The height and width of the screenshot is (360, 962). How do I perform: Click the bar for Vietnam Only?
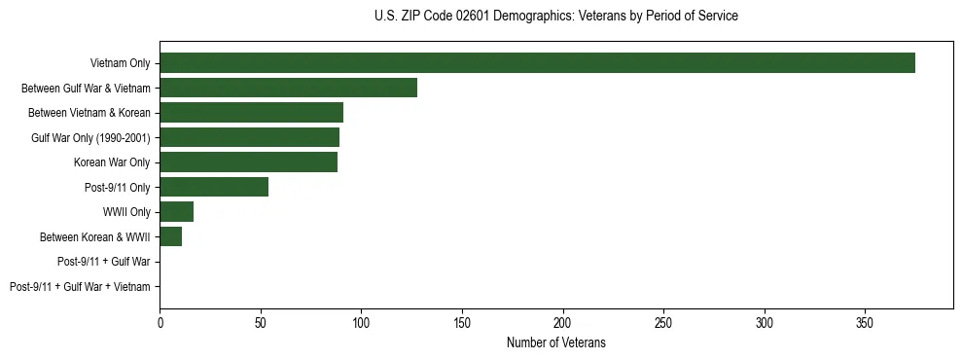click(537, 63)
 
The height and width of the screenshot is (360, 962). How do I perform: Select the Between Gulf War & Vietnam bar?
click(288, 88)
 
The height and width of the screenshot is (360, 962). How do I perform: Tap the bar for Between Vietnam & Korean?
click(251, 113)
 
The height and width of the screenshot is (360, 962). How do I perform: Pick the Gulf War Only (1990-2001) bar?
click(249, 137)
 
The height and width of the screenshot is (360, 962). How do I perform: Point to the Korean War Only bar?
click(248, 162)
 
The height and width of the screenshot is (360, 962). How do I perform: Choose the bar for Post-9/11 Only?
click(214, 187)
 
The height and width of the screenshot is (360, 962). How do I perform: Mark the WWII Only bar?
click(177, 212)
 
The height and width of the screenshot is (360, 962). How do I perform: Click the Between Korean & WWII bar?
click(171, 236)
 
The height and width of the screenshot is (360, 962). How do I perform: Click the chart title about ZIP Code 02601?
click(555, 17)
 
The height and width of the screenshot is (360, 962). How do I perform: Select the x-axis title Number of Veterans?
click(555, 342)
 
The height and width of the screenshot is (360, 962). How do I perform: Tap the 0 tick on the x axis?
click(160, 322)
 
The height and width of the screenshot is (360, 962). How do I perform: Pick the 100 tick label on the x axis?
click(361, 322)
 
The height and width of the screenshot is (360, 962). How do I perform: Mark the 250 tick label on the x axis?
click(663, 322)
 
